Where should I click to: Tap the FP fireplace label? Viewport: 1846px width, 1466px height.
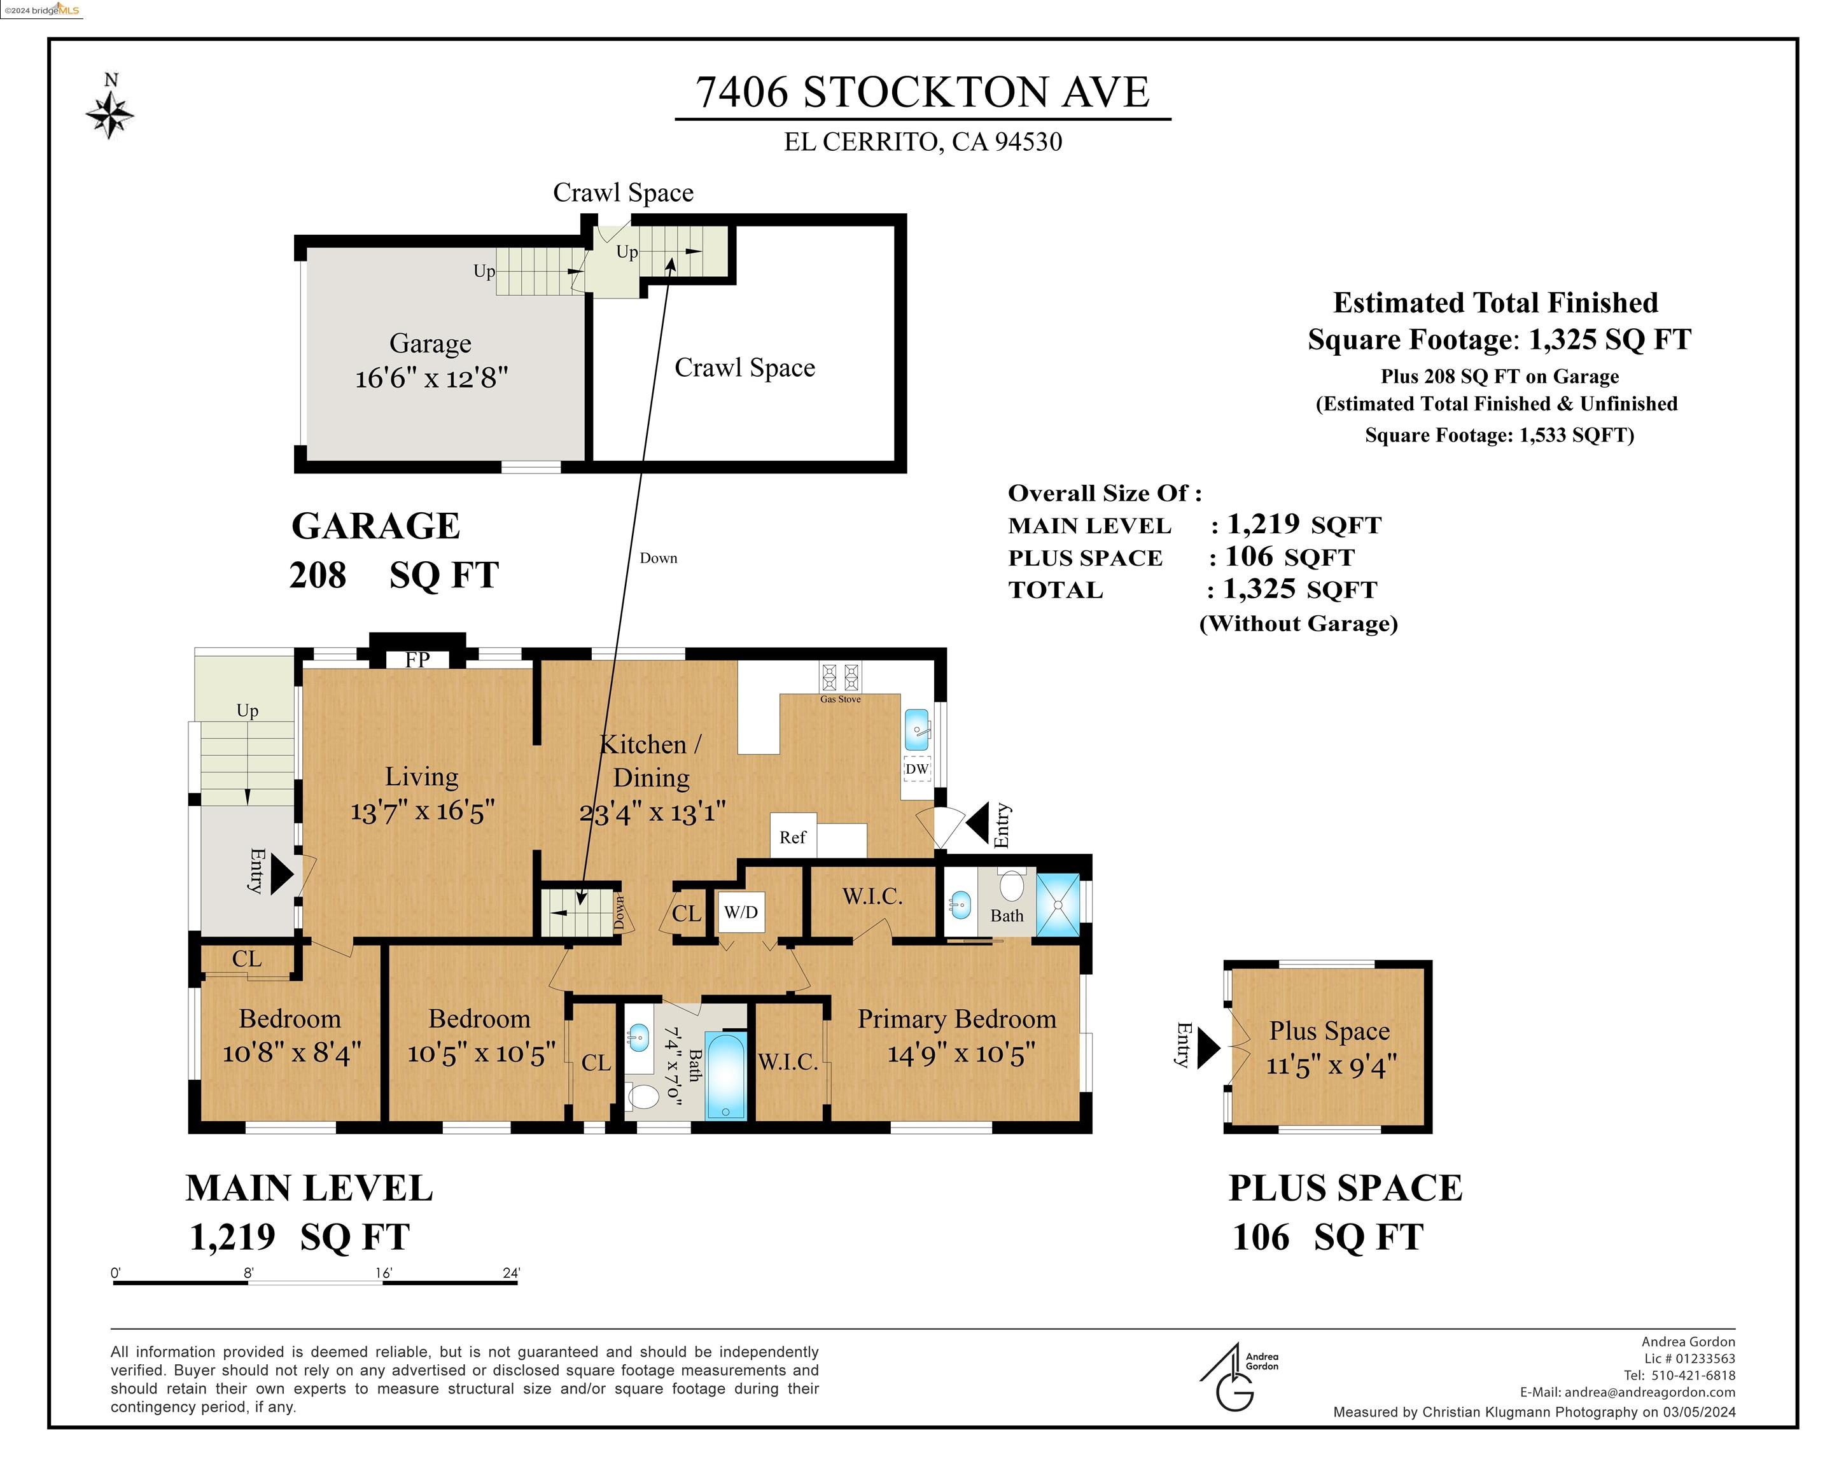417,659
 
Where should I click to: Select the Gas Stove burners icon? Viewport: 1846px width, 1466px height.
840,678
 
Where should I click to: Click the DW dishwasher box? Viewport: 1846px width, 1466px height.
917,769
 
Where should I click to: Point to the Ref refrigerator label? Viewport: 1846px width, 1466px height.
793,837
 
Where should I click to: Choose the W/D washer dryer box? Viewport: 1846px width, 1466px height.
741,912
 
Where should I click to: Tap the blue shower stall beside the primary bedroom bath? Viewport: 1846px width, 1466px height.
1058,904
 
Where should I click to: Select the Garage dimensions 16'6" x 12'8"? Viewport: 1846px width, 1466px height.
431,377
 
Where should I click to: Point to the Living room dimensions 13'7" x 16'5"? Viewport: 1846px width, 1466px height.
422,811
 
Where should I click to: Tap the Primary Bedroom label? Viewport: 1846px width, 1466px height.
956,1019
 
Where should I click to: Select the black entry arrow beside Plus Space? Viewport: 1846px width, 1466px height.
1208,1047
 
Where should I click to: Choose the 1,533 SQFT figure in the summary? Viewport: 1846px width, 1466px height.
1572,435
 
